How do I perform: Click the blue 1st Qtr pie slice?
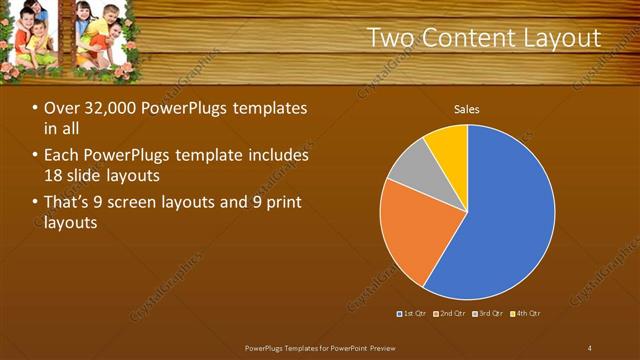click(510, 215)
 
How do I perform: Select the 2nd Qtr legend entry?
click(450, 314)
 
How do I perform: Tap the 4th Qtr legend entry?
click(526, 314)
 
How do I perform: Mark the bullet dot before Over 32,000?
click(36, 108)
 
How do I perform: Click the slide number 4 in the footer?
click(589, 348)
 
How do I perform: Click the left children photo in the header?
click(29, 36)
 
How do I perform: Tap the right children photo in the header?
click(102, 36)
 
